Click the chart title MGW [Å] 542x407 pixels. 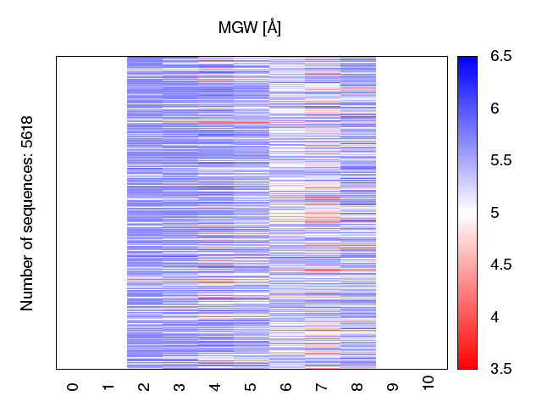pyautogui.click(x=250, y=28)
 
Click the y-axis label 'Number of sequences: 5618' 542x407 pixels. pyautogui.click(x=27, y=213)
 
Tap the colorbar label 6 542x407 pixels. pyautogui.click(x=495, y=109)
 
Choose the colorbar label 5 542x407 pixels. pyautogui.click(x=495, y=213)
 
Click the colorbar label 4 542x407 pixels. pyautogui.click(x=495, y=316)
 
